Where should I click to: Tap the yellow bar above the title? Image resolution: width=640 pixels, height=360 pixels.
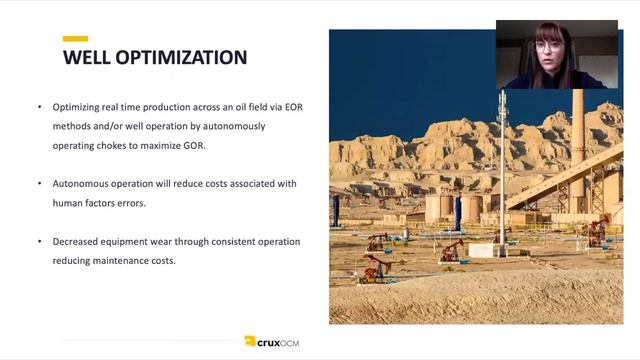pyautogui.click(x=75, y=39)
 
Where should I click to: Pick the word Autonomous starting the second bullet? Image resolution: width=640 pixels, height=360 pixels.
pyautogui.click(x=81, y=184)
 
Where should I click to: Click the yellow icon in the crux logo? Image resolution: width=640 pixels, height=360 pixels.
pyautogui.click(x=250, y=341)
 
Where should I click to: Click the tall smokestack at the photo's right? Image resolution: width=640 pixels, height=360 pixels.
pyautogui.click(x=577, y=140)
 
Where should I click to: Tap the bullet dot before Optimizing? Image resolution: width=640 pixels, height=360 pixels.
pyautogui.click(x=40, y=107)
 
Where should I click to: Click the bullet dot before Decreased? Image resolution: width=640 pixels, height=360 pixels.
pyautogui.click(x=40, y=241)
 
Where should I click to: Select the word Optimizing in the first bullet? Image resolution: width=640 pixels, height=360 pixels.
pyautogui.click(x=80, y=107)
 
